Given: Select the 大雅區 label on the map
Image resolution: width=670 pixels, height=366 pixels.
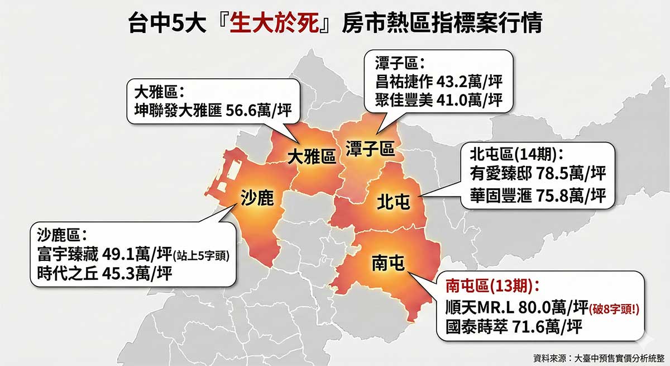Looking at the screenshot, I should (x=312, y=157).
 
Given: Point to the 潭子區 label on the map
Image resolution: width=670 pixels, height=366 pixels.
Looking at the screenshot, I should (x=370, y=149).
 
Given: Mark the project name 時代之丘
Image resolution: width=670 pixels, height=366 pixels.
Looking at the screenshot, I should (x=65, y=273).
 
